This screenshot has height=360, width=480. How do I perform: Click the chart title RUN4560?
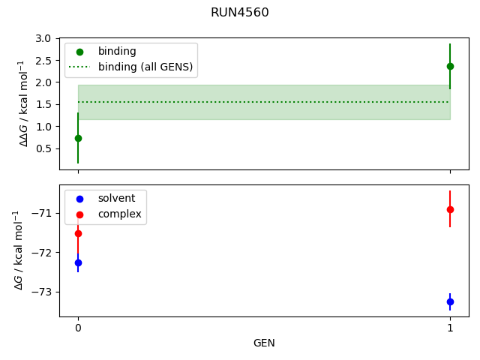(240, 13)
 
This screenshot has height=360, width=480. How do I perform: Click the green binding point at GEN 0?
(78, 138)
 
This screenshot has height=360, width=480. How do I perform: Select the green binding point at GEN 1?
(450, 66)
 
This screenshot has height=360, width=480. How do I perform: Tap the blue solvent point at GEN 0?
(78, 262)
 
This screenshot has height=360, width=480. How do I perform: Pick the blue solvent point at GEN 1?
(450, 301)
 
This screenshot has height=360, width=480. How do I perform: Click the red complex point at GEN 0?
(78, 233)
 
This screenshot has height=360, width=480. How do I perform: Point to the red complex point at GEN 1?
(450, 209)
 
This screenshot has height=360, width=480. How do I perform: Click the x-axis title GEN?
(264, 343)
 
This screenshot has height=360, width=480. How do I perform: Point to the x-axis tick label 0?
(78, 328)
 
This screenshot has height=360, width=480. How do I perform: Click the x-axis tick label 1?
(450, 328)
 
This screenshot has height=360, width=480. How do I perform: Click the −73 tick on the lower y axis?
(43, 292)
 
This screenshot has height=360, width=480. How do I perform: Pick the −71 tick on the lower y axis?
(43, 213)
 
